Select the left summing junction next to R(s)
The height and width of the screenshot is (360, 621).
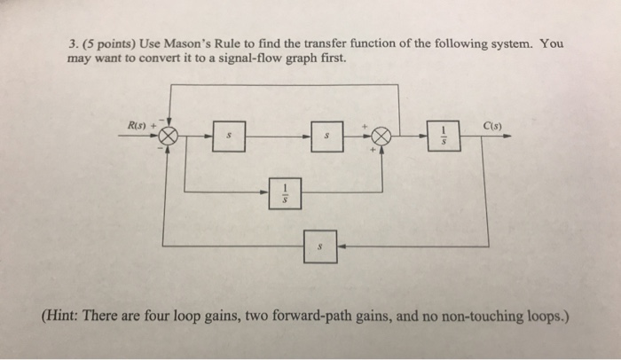pos(169,137)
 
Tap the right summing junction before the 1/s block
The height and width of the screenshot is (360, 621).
pos(381,136)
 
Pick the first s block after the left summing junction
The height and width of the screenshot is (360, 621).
pos(229,137)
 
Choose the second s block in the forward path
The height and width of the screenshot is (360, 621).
pos(327,137)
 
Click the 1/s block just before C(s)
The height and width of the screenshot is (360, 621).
pos(443,136)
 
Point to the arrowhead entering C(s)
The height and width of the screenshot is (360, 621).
pos(511,137)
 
